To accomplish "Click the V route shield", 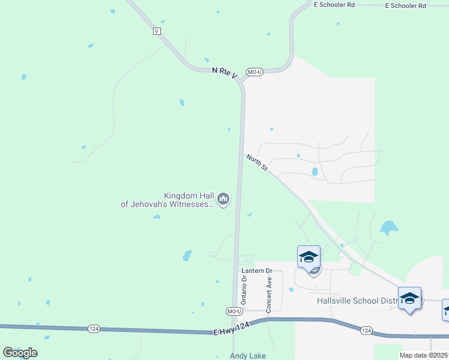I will [157, 31].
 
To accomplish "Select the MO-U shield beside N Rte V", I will [256, 72].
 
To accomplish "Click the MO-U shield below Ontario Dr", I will [234, 311].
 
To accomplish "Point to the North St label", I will [256, 163].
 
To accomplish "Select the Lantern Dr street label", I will [257, 271].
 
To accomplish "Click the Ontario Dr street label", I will [244, 290].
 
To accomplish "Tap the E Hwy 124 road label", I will [231, 329].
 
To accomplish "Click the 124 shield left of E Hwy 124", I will [93, 328].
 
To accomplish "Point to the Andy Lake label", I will [248, 356].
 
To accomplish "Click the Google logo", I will [20, 352].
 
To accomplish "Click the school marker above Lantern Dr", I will [309, 257].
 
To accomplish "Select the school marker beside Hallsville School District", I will [409, 298].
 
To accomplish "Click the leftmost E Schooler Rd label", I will [334, 5].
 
